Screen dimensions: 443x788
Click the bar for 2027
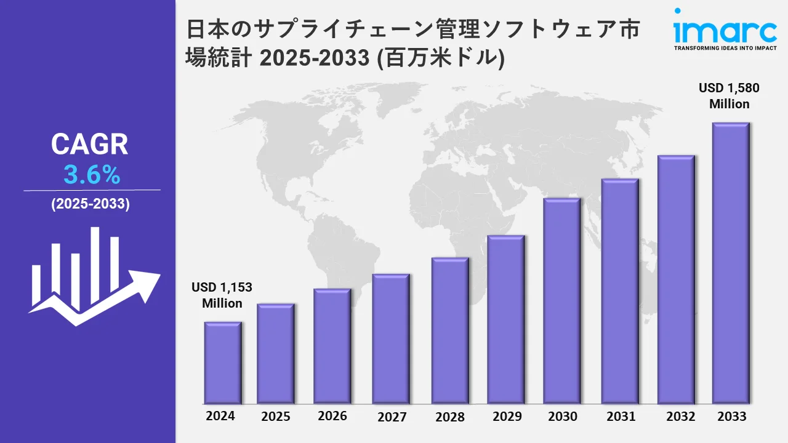391,338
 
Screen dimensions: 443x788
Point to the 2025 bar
275,353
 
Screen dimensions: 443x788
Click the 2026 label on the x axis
332,416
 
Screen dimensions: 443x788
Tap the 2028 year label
450,417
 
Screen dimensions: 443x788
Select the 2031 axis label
620,417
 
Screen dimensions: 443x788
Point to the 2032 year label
681,417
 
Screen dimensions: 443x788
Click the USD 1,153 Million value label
222,295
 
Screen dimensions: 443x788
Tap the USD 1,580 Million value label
729,96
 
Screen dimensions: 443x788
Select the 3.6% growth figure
92,176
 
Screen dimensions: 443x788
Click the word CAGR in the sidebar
90,145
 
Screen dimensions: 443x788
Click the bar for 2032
676,280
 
